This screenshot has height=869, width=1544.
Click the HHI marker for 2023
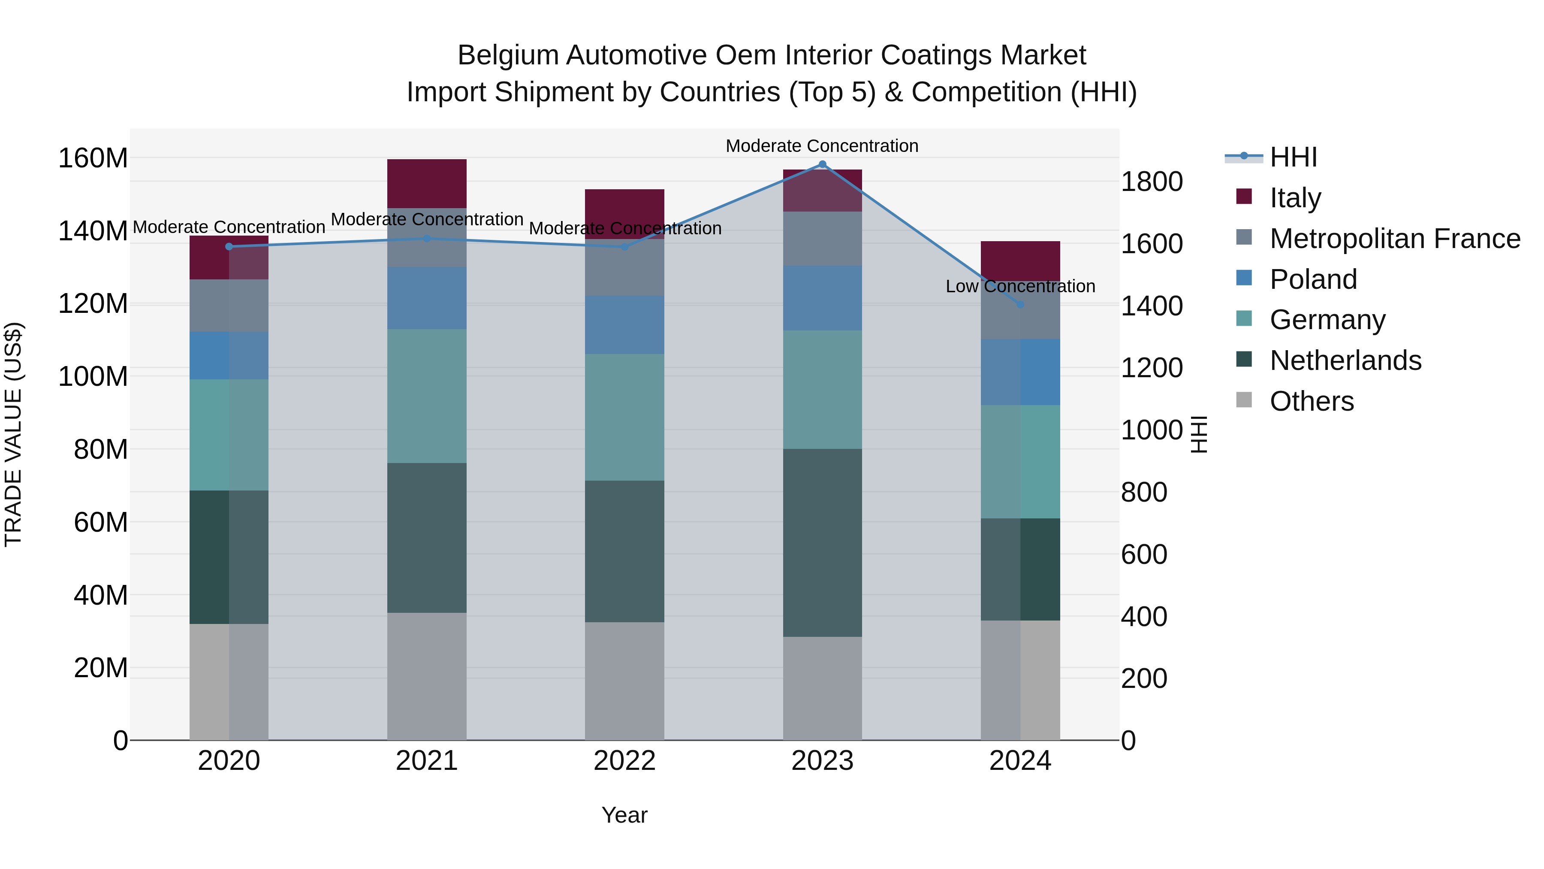(x=822, y=164)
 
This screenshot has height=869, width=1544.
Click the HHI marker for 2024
(x=1020, y=305)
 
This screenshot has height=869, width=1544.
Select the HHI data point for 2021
(x=427, y=239)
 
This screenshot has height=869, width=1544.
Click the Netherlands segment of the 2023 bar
(x=822, y=543)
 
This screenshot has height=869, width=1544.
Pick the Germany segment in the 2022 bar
(x=624, y=418)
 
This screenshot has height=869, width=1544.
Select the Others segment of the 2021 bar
(x=427, y=676)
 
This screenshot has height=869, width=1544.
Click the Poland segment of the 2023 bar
(x=822, y=298)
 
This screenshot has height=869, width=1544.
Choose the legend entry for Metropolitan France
(x=1394, y=239)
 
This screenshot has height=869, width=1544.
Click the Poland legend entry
(x=1313, y=279)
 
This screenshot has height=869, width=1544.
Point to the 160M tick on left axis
(x=93, y=158)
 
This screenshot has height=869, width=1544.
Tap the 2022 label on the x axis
(x=624, y=761)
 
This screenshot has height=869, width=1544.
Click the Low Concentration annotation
(x=1020, y=287)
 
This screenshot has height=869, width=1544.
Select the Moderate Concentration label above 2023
(x=822, y=146)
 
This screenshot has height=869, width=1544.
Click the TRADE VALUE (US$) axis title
(x=13, y=434)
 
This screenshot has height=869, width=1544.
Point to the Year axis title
(x=624, y=815)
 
